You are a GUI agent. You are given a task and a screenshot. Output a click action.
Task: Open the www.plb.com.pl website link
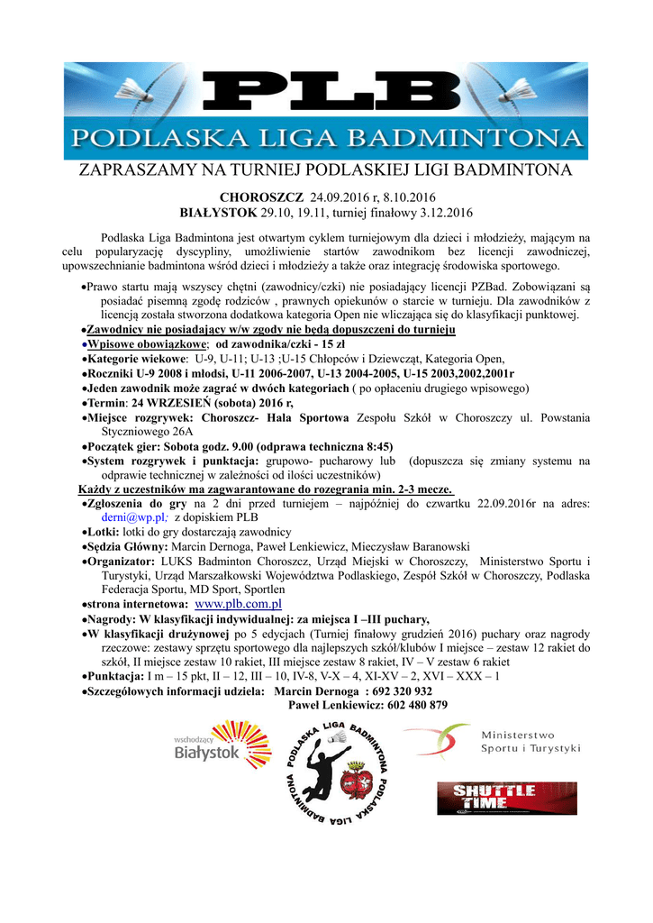click(x=239, y=604)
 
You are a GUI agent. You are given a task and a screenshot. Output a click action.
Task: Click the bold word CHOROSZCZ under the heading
click(x=261, y=197)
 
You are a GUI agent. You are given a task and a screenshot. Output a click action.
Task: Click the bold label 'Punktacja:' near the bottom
click(x=115, y=676)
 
